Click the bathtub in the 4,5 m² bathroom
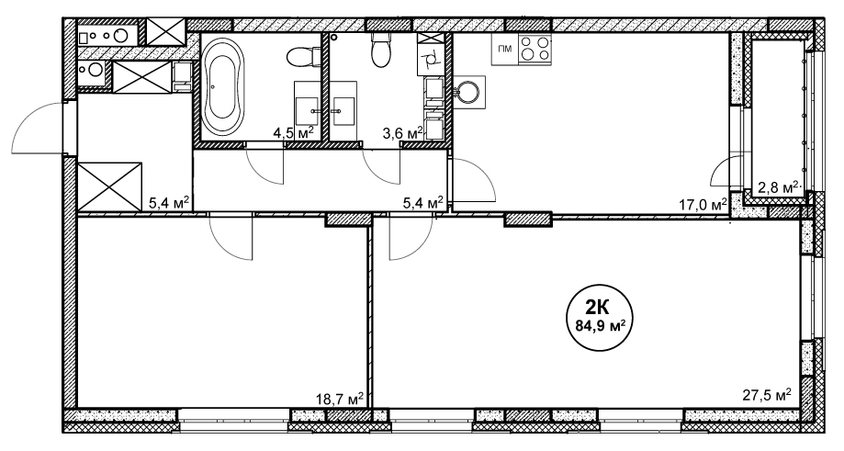tap(221, 86)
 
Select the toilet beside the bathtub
tap(300, 57)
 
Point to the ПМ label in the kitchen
tap(504, 50)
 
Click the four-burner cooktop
tap(535, 49)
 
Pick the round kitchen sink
tap(467, 92)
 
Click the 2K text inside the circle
tap(598, 308)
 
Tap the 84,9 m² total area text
tap(598, 325)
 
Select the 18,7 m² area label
tap(340, 399)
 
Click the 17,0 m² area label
tap(703, 204)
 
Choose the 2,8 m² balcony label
tap(778, 187)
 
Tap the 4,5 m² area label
tap(293, 133)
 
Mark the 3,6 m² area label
tap(402, 133)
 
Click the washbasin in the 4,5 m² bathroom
tap(309, 111)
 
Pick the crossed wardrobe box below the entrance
tap(110, 186)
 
